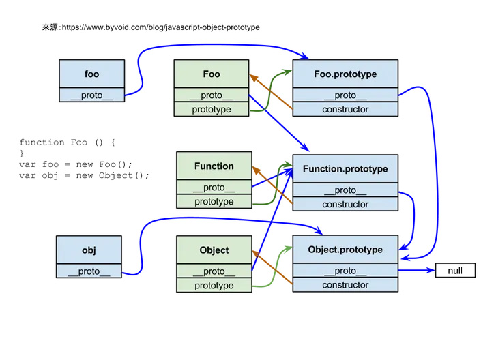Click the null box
(x=455, y=271)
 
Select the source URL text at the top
(x=151, y=27)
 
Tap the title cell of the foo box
(x=91, y=74)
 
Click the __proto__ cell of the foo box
(x=91, y=95)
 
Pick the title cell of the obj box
(x=89, y=250)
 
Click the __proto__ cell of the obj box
(x=89, y=271)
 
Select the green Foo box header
(x=212, y=74)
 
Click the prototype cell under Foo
(x=212, y=109)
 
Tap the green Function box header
(x=214, y=166)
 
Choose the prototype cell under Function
(x=214, y=202)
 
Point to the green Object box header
(x=214, y=250)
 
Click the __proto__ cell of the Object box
(x=214, y=271)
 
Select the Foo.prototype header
(x=345, y=74)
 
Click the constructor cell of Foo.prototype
(x=345, y=109)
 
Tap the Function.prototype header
(x=345, y=168)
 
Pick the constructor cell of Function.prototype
(x=345, y=204)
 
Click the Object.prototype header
(x=345, y=250)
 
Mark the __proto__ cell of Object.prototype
(x=345, y=271)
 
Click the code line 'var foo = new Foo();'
(x=75, y=164)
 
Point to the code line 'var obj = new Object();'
(x=84, y=175)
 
